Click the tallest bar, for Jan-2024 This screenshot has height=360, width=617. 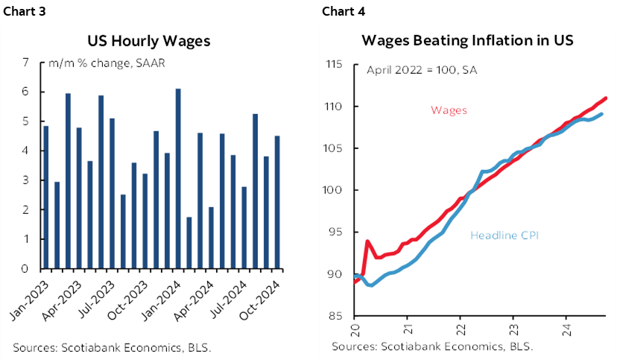(177, 179)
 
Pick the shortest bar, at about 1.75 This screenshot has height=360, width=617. (189, 243)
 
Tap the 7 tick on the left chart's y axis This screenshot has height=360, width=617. (25, 63)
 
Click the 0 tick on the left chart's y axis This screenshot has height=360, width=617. (25, 269)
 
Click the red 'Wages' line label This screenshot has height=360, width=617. (449, 110)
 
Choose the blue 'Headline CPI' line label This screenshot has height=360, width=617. (504, 236)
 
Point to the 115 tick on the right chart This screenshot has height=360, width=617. (332, 65)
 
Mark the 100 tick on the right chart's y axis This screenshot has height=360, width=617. (332, 191)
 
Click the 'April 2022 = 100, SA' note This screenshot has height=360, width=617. (422, 71)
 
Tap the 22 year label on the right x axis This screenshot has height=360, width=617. (460, 327)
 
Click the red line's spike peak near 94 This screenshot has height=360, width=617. (367, 241)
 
